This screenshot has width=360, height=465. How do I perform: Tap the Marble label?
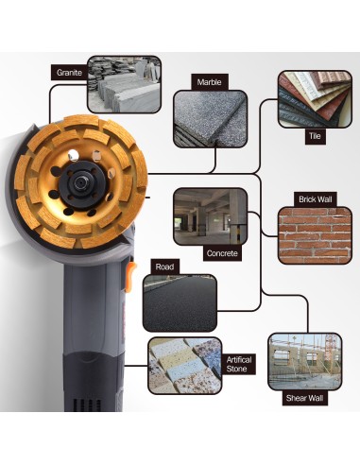209,82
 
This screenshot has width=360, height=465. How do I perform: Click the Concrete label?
222,253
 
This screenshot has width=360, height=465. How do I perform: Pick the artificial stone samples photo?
184,365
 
